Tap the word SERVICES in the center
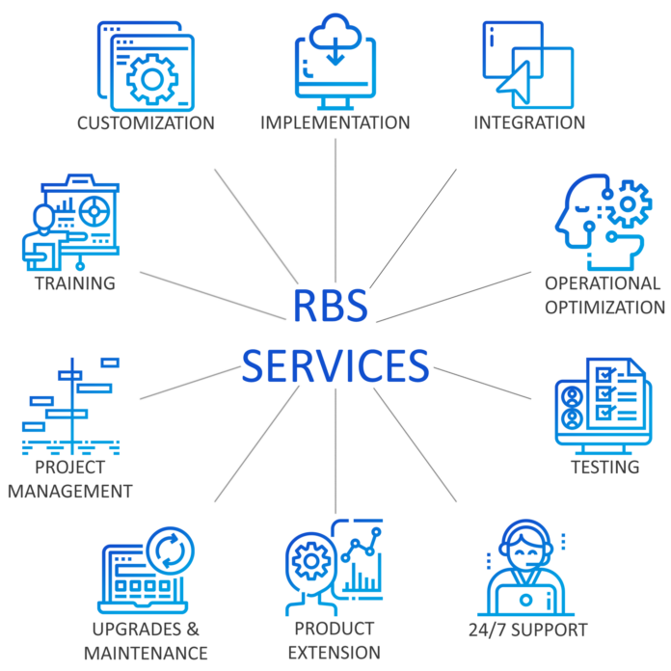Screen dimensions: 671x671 [335, 365]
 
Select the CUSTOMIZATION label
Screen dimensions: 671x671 [146, 123]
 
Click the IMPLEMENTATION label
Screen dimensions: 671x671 [335, 123]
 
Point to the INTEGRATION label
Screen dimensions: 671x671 [528, 123]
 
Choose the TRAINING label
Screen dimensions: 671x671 [74, 283]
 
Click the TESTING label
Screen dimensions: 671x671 [604, 468]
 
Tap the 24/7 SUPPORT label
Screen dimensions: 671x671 [527, 631]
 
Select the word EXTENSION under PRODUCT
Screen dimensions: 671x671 [334, 653]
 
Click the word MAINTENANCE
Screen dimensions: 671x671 [146, 653]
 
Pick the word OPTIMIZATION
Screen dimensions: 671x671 [604, 308]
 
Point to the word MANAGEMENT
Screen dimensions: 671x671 [69, 491]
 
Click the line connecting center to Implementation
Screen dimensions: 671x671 [335, 212]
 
